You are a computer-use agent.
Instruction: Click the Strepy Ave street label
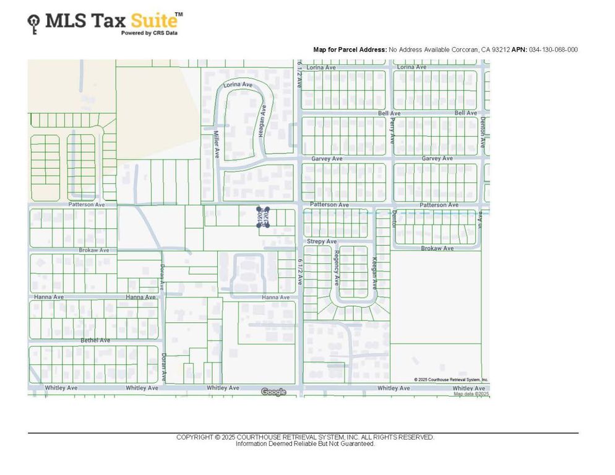coord(322,241)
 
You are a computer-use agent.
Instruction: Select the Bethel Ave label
coord(95,340)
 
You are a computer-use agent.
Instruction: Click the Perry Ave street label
coord(392,132)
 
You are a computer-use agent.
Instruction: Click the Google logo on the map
coord(273,392)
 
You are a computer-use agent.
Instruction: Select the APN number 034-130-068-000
coord(553,49)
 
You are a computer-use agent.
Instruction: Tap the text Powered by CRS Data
coord(149,33)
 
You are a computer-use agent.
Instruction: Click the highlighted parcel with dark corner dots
coord(264,217)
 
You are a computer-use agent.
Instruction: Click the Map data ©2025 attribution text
coord(471,393)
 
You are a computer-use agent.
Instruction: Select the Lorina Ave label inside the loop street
coord(238,84)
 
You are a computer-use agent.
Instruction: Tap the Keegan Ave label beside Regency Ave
coord(374,274)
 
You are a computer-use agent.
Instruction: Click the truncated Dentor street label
coord(394,219)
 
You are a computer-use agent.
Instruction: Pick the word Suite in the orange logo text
coord(153,21)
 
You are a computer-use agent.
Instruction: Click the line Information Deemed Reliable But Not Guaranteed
coord(305,443)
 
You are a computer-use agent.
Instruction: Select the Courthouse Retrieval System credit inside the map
coord(451,380)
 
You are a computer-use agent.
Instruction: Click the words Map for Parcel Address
coord(350,49)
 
